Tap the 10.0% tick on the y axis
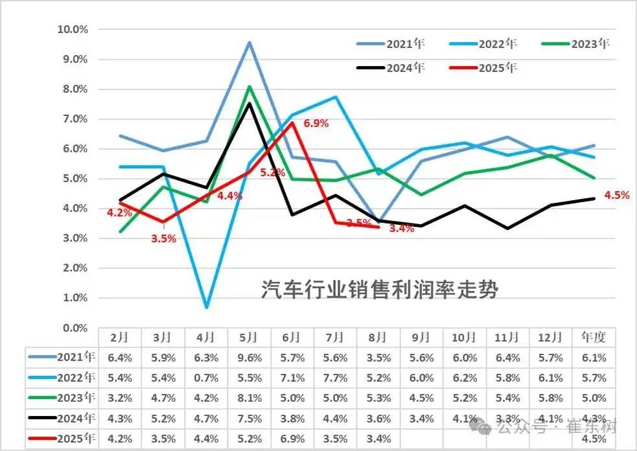(73, 29)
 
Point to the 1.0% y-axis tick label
(76, 298)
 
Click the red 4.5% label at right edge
(616, 195)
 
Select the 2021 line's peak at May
(249, 43)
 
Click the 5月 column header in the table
(249, 338)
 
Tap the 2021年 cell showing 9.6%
(249, 356)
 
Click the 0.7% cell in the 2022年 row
(206, 377)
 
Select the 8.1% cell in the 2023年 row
(249, 398)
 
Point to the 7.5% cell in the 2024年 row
(249, 419)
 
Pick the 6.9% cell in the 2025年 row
(292, 439)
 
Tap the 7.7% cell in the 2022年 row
(335, 377)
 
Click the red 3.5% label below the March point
(163, 238)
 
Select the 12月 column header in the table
(551, 338)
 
